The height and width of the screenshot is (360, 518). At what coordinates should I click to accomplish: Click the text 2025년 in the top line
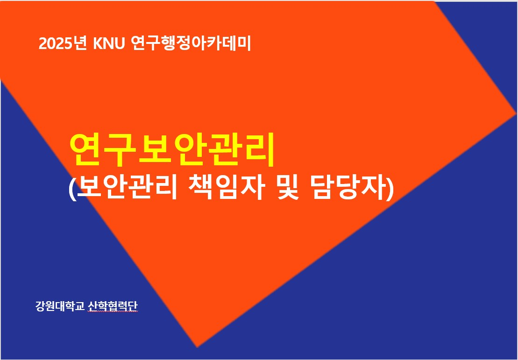pos(63,43)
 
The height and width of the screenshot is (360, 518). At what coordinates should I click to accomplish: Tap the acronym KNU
pos(109,44)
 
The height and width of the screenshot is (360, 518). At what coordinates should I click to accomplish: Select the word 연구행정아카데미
pos(191,43)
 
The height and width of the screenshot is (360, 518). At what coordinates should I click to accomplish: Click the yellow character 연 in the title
pos(86,150)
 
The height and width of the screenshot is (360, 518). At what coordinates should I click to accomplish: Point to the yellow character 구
pos(120,151)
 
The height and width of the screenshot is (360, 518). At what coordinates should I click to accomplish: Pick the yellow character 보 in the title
pos(155,150)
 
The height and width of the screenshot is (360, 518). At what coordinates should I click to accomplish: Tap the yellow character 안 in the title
pos(189,150)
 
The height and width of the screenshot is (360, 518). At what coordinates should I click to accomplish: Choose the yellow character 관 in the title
pos(224,150)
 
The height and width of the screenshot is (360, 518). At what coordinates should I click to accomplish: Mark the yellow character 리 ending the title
pos(258,150)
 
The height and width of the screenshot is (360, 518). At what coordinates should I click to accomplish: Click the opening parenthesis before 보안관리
pos(72,189)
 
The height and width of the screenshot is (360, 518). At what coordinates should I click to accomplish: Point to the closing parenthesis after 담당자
pos(390,189)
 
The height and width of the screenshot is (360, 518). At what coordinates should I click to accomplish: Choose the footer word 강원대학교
pos(60,306)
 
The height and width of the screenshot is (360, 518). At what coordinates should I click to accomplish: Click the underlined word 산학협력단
pos(113,306)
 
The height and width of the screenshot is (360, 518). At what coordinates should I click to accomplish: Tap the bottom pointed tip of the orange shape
pos(197,347)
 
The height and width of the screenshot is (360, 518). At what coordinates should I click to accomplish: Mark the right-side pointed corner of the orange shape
pos(515,114)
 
